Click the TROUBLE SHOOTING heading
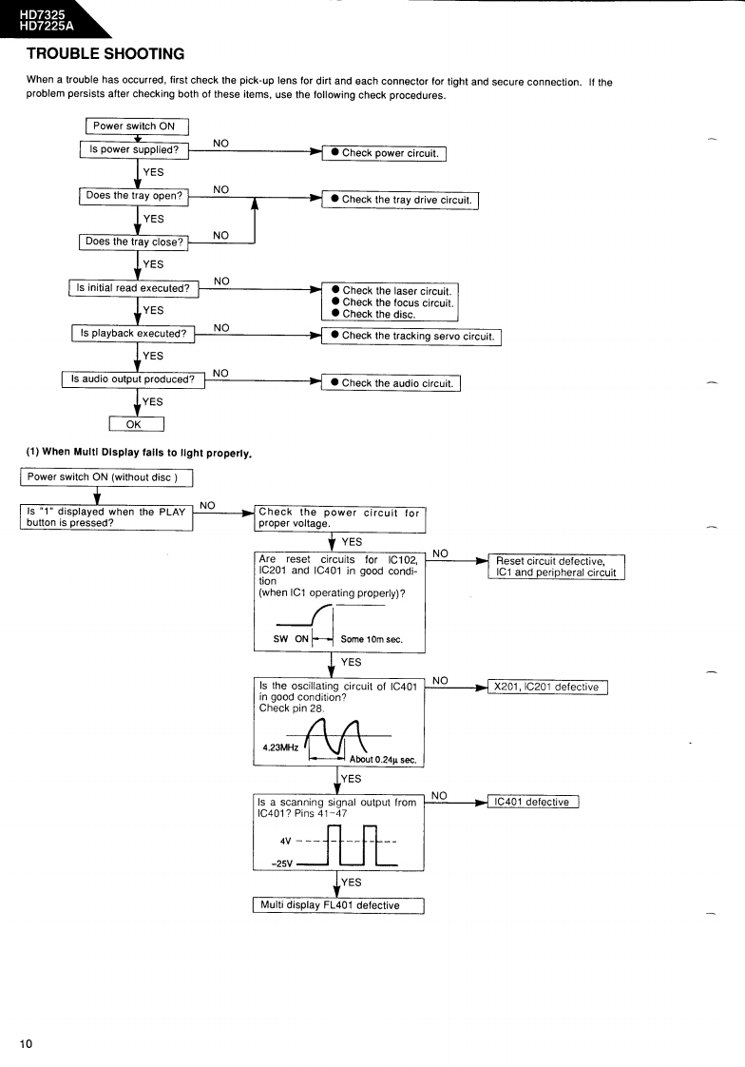tap(105, 53)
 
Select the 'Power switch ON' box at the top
tap(137, 126)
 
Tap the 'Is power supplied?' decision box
tap(134, 149)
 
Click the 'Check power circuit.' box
tap(384, 153)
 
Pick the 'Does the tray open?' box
tap(134, 196)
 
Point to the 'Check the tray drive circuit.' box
tap(400, 200)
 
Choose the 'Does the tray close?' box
tap(134, 242)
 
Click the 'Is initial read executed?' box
tap(133, 288)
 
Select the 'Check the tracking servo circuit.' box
tap(411, 336)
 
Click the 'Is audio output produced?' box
tap(133, 379)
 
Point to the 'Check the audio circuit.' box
tap(391, 383)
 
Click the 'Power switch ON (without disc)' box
tap(106, 477)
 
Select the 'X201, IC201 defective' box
tap(546, 687)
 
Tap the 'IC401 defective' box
tap(532, 802)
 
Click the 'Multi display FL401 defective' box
tap(337, 905)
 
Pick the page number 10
tap(26, 1044)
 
